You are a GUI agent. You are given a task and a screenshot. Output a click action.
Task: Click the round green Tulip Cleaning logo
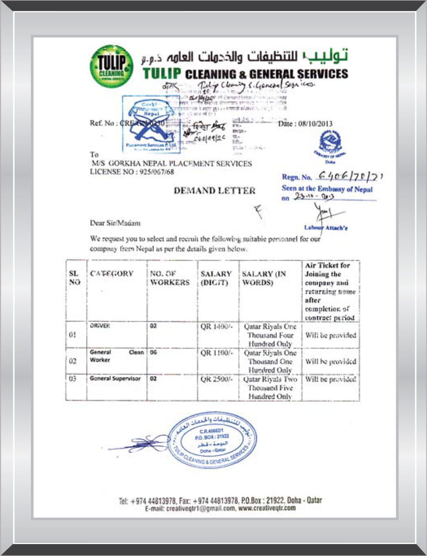[111, 66]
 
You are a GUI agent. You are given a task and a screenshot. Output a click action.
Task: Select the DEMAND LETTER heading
[215, 191]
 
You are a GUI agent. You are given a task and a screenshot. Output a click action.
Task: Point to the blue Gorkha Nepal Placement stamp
[151, 124]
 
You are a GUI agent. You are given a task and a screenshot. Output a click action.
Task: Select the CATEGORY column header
[112, 274]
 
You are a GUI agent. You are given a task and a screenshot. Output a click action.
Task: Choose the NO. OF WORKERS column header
[170, 278]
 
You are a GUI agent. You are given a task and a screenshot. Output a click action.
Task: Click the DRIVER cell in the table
[100, 326]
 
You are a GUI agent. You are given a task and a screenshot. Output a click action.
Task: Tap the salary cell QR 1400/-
[217, 326]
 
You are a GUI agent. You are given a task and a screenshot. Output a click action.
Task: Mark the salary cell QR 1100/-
[217, 353]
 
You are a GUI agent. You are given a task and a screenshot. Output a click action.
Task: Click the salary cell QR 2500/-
[217, 379]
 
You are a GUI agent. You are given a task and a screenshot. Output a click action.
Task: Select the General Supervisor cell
[115, 379]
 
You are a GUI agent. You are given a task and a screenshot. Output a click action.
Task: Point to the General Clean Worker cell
[117, 356]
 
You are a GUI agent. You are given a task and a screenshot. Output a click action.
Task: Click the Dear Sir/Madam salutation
[115, 223]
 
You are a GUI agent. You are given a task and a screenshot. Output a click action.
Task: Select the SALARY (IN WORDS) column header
[264, 278]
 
